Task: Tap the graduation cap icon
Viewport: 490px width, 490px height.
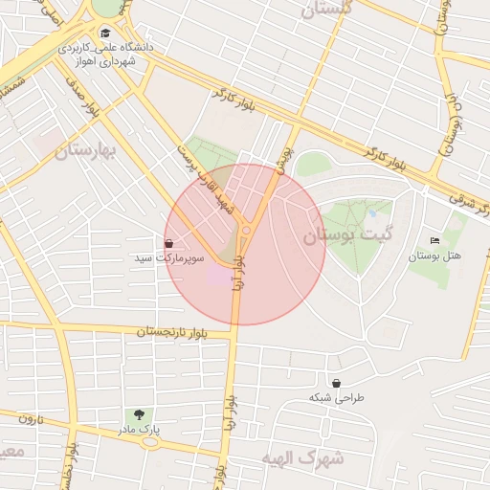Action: tap(105, 33)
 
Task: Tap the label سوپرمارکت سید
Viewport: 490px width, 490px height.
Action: tap(168, 259)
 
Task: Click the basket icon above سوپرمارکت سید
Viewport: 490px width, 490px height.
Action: tap(169, 244)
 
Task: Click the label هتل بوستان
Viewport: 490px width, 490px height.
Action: tap(434, 256)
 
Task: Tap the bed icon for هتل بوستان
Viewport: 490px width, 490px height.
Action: tap(435, 240)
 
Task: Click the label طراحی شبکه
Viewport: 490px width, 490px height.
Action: tap(335, 396)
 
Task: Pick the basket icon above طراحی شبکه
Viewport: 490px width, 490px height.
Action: tap(335, 381)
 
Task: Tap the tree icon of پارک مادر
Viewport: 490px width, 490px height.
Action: tap(139, 415)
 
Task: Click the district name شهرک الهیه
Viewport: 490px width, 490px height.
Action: tap(301, 457)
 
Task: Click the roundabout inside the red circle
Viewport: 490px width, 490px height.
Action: tap(246, 230)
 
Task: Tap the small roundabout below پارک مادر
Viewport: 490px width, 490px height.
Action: tap(150, 443)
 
